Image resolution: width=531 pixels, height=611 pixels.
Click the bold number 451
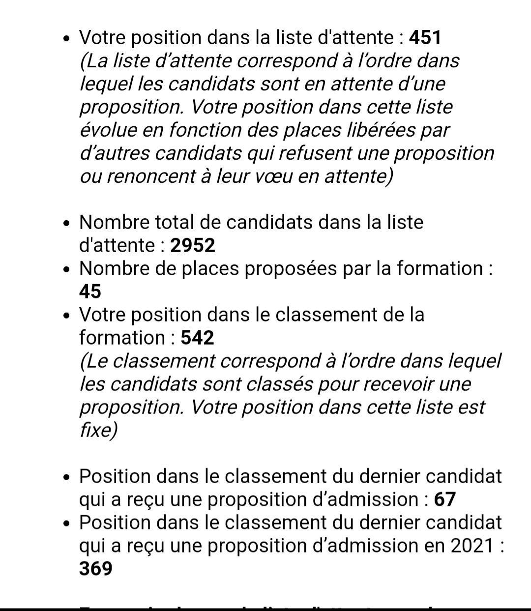pos(425,38)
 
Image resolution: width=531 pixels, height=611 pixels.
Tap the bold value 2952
pos(193,245)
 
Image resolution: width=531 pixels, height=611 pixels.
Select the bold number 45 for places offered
pos(90,291)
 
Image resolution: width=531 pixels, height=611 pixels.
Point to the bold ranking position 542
pos(198,338)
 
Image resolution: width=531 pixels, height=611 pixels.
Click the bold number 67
pos(445,499)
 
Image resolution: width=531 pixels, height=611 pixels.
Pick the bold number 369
pos(96,569)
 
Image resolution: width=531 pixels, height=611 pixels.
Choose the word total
pos(175,222)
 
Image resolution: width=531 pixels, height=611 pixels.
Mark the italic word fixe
pos(97,431)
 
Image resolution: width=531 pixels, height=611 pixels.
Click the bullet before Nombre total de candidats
pos(67,223)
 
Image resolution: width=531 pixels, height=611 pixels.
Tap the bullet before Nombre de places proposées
pos(67,269)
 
